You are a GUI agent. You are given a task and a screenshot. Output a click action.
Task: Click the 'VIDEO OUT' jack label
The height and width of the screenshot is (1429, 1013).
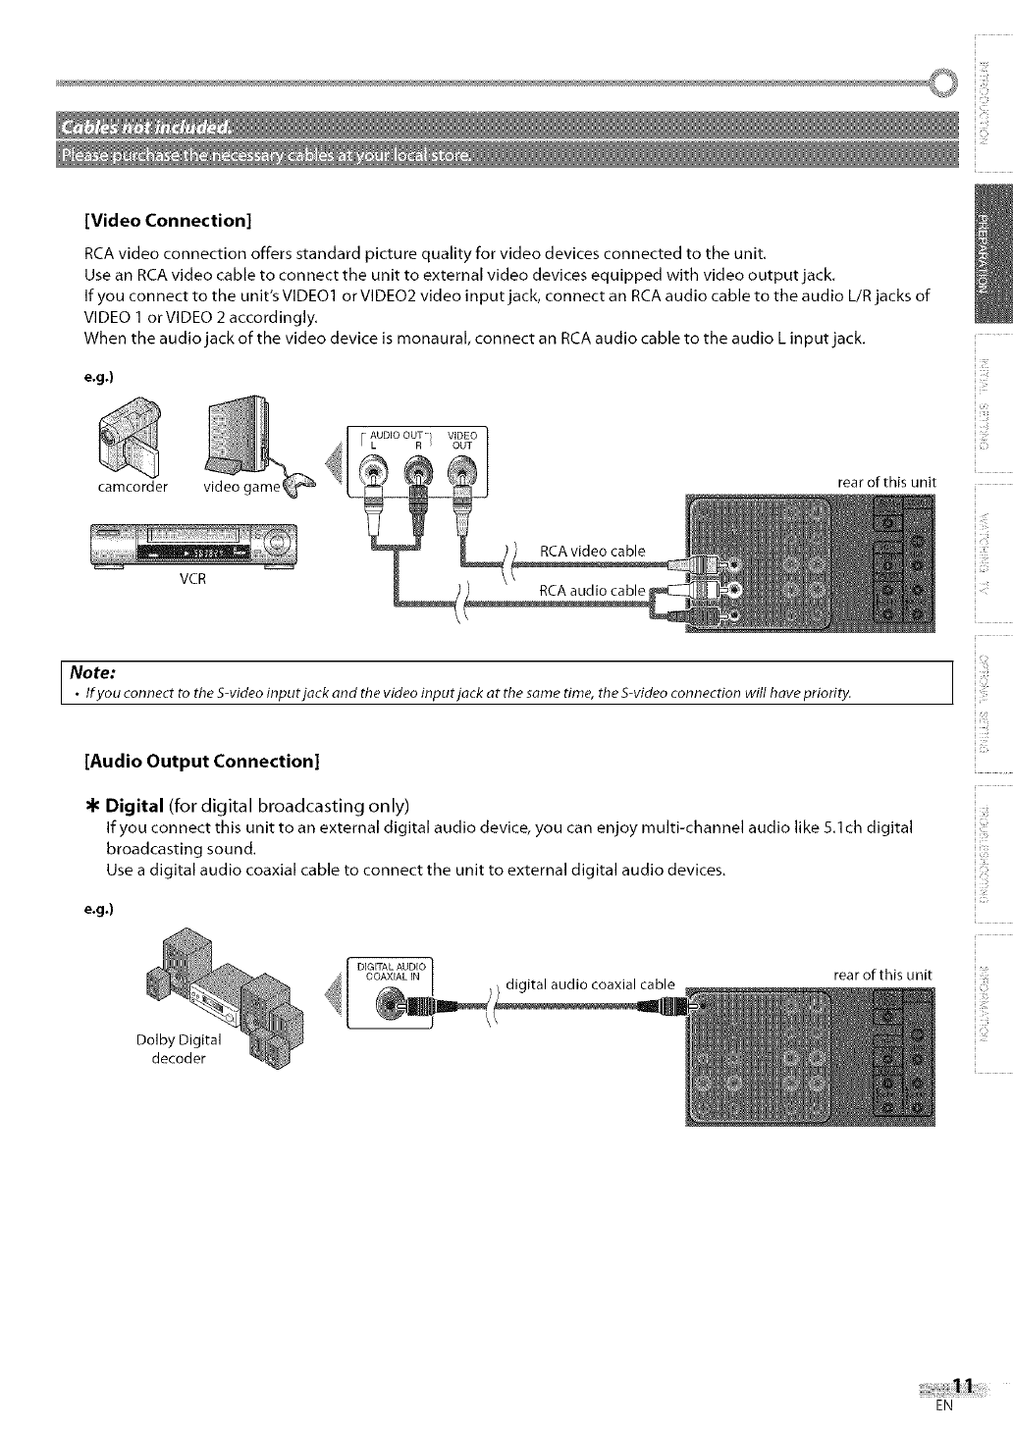(461, 440)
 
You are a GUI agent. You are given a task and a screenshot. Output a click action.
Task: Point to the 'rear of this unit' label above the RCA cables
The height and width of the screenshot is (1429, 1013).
(886, 482)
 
